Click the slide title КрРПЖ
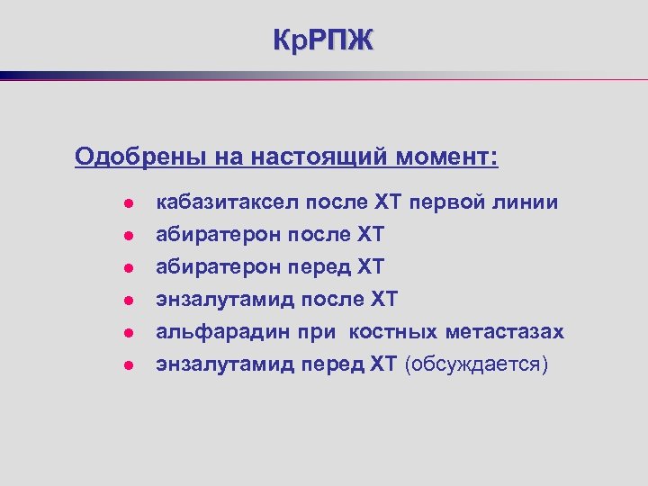click(323, 40)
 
